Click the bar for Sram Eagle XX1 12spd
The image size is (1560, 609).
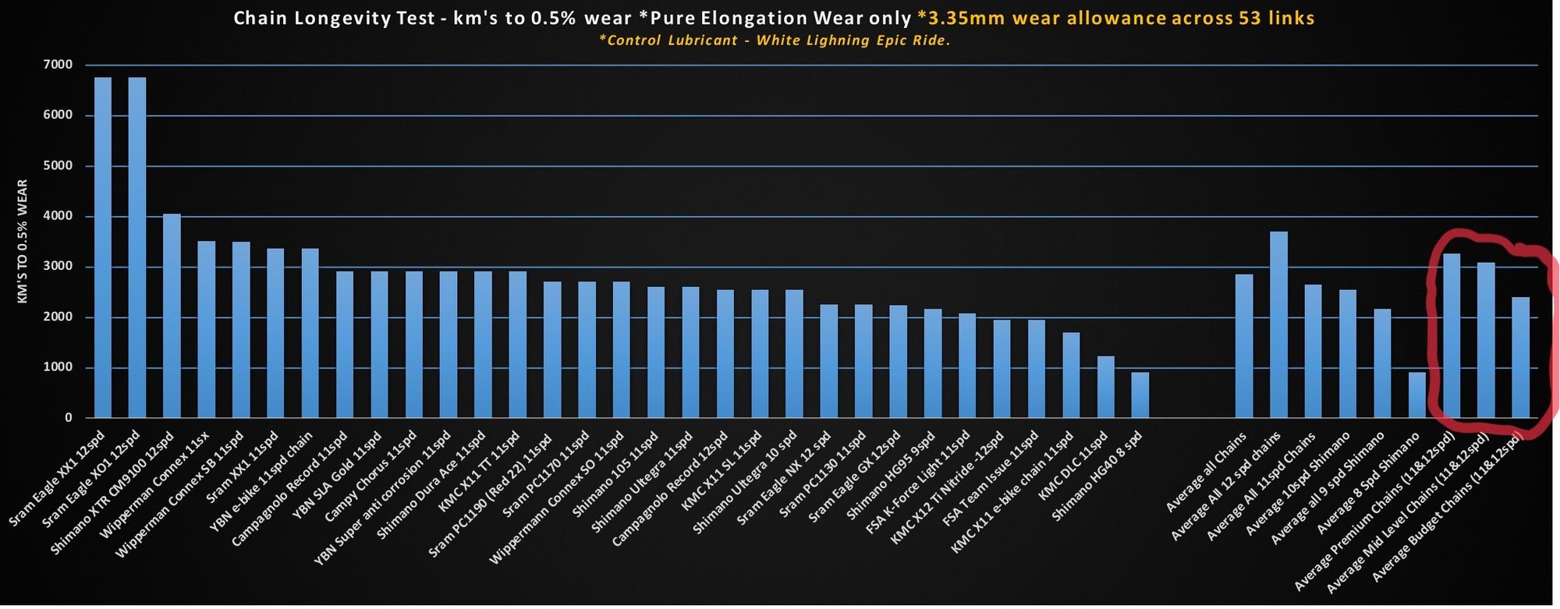[x=103, y=247]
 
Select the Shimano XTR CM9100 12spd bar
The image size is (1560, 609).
[x=172, y=316]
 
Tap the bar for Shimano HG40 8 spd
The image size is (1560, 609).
[x=1140, y=395]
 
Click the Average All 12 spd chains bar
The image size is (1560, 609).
[x=1278, y=324]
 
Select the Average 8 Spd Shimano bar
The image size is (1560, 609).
[x=1417, y=395]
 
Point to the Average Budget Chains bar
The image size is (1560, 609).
[x=1521, y=357]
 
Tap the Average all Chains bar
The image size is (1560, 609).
[x=1244, y=346]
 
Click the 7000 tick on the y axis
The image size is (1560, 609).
[x=58, y=65]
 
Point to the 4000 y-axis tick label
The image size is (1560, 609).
[x=58, y=216]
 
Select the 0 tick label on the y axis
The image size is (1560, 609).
[x=69, y=418]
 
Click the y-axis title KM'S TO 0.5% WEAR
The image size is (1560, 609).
[x=23, y=241]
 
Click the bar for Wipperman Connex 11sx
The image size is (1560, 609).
[x=206, y=329]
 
